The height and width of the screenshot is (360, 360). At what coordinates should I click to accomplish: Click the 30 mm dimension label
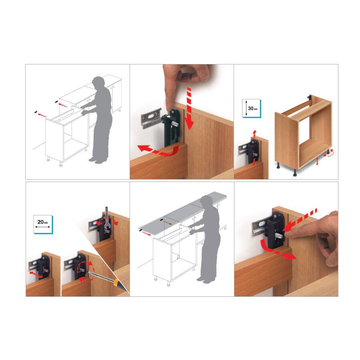(252, 108)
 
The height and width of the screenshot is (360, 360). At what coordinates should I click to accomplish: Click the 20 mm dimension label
(43, 222)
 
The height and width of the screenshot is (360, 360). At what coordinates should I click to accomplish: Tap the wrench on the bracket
(107, 221)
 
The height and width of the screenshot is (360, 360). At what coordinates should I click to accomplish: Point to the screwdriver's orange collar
(116, 282)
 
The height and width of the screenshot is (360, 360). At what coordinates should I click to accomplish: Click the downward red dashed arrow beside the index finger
(190, 108)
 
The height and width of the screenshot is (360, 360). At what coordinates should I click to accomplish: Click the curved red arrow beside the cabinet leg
(328, 154)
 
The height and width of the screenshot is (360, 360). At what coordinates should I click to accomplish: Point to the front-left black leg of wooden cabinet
(278, 166)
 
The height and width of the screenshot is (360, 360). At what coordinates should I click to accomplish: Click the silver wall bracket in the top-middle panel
(150, 118)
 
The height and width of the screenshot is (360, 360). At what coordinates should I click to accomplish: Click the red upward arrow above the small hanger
(254, 133)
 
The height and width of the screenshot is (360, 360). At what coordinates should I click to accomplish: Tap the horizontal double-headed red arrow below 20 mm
(36, 275)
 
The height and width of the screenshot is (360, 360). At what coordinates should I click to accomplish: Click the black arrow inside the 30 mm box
(246, 108)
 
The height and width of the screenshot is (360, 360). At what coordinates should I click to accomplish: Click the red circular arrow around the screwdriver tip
(86, 271)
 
